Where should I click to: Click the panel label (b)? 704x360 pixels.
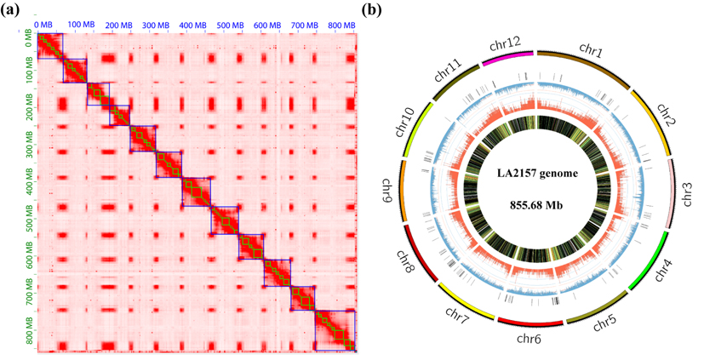pos(372,10)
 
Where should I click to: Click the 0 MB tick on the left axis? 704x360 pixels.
pos(29,38)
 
